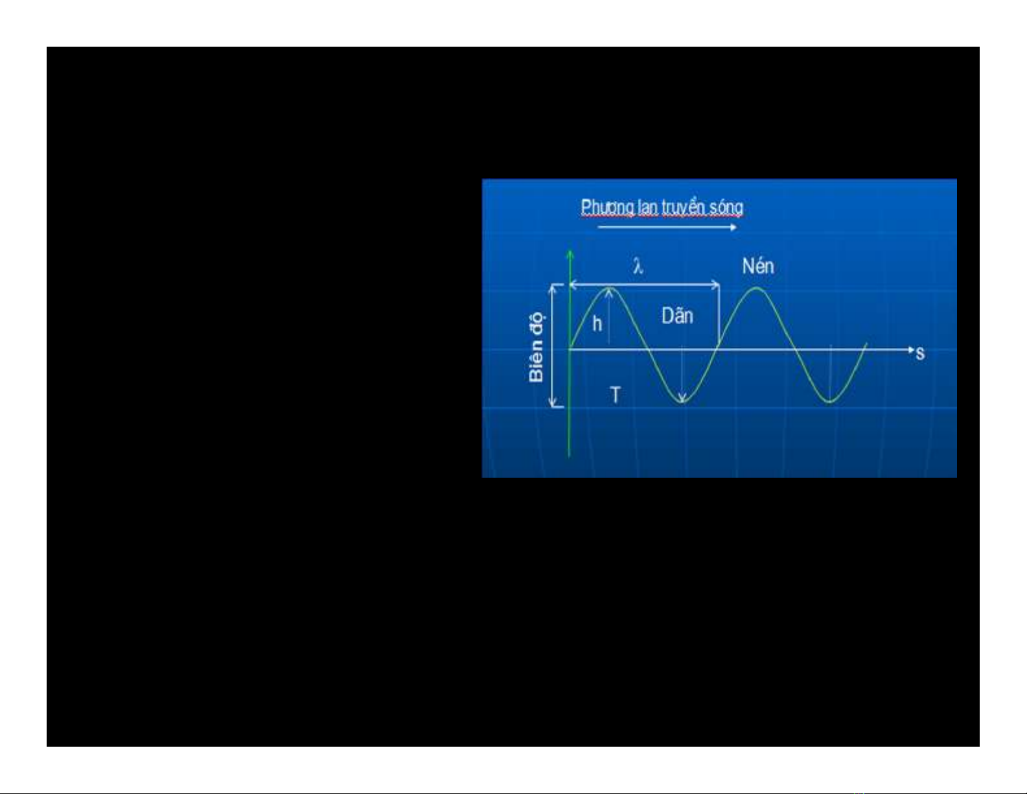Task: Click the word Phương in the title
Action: [x=607, y=207]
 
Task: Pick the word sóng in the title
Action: [x=726, y=209]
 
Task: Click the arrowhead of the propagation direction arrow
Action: [x=733, y=228]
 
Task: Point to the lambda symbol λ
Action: [x=638, y=267]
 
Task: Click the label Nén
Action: [x=758, y=266]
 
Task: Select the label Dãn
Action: [x=677, y=316]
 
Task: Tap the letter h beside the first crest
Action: [x=597, y=323]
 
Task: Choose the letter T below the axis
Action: [x=615, y=395]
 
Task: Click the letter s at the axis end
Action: [x=919, y=353]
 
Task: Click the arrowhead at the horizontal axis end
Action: [x=912, y=350]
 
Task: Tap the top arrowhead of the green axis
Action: [x=570, y=253]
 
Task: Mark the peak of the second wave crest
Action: [x=757, y=288]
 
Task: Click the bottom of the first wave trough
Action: [x=683, y=403]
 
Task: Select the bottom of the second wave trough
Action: [x=830, y=403]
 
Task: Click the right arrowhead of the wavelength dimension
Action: [x=717, y=285]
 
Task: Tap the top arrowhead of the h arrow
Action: [x=609, y=292]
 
